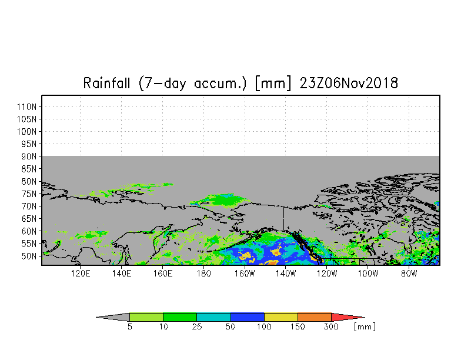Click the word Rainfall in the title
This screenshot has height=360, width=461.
(x=106, y=83)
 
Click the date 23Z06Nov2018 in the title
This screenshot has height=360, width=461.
(x=349, y=83)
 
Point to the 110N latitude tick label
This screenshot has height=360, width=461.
(x=27, y=107)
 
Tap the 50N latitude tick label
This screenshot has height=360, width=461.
(x=29, y=256)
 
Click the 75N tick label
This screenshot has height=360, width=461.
(x=29, y=194)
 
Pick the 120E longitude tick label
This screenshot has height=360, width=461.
(x=80, y=274)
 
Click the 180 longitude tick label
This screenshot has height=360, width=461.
(x=203, y=274)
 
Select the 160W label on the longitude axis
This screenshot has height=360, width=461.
(x=245, y=274)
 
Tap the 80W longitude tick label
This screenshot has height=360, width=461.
(x=409, y=274)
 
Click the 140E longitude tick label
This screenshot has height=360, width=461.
(x=121, y=274)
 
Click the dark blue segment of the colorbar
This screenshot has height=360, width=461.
(x=247, y=317)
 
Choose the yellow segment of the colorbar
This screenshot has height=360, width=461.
(x=281, y=317)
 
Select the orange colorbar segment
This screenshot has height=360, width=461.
(x=314, y=317)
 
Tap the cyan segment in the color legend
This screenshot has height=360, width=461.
(x=214, y=317)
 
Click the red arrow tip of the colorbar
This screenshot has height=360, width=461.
(x=347, y=317)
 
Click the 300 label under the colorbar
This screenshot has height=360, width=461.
(x=331, y=327)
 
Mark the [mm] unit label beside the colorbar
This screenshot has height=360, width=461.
(x=365, y=327)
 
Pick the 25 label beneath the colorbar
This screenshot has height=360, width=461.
(x=197, y=327)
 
